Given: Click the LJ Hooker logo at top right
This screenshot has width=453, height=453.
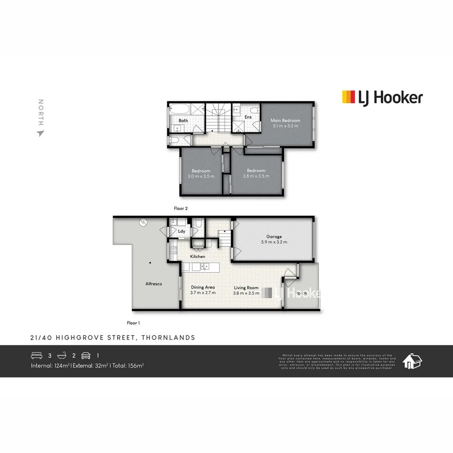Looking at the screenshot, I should [x=382, y=98].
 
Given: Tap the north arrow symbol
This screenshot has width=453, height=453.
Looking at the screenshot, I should [x=40, y=133].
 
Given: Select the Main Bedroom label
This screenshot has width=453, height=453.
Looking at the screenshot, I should [x=285, y=120].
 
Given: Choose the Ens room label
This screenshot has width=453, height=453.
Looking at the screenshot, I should [x=248, y=117].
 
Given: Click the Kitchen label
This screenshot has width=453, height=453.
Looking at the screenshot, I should [x=198, y=256].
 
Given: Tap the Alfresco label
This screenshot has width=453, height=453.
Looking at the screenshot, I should [x=154, y=284].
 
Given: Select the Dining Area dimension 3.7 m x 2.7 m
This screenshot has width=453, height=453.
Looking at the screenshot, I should [x=203, y=293].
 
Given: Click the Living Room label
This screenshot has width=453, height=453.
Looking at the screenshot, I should [x=246, y=288].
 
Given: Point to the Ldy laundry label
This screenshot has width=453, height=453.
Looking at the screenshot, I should [x=182, y=231].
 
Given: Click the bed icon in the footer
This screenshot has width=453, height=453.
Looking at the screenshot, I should [x=37, y=355].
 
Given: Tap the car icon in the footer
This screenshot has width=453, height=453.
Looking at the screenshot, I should [x=86, y=355].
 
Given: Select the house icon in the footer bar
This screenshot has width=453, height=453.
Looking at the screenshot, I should [x=412, y=361].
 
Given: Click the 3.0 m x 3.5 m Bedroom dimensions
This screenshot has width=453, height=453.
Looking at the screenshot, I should [x=201, y=176].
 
